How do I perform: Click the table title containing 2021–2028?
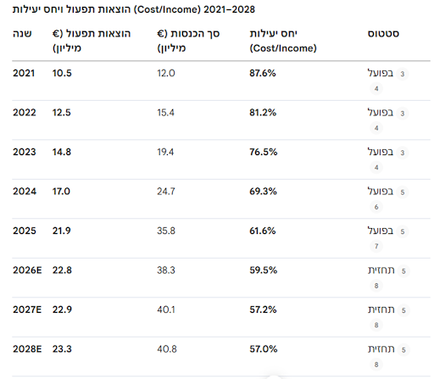click(134, 9)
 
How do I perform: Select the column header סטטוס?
click(383, 34)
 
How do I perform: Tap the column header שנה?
click(22, 34)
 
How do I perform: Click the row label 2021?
click(24, 73)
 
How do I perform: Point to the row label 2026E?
click(27, 270)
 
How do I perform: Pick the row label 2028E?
click(27, 349)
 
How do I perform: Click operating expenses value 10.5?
click(62, 73)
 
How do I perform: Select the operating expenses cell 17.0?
click(61, 192)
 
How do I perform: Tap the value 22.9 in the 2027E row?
click(62, 309)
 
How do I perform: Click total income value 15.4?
click(166, 113)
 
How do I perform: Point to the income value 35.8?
click(166, 231)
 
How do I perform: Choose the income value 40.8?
click(167, 349)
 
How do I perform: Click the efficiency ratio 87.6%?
click(263, 73)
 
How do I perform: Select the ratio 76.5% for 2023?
click(264, 152)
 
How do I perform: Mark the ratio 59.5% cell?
click(263, 270)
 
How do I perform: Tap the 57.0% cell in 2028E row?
click(264, 349)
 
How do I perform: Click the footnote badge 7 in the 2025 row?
click(376, 246)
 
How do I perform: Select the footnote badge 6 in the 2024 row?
click(376, 207)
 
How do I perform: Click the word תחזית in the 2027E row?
click(381, 309)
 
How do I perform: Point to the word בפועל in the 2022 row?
click(381, 113)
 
